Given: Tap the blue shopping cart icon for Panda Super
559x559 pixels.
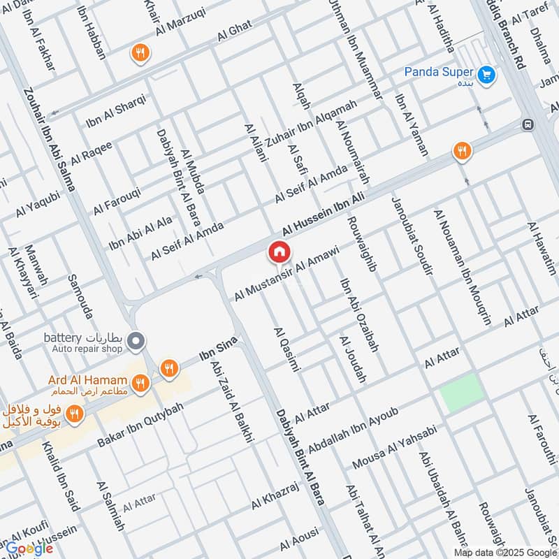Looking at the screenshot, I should [x=487, y=73].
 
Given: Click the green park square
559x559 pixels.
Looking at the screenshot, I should [x=461, y=392].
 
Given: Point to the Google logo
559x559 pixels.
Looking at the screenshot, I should [x=29, y=549].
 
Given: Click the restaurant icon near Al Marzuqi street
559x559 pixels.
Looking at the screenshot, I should [x=140, y=52].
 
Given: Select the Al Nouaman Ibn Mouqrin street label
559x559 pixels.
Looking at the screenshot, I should [x=463, y=267].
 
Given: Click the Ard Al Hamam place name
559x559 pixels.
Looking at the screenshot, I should [x=88, y=380].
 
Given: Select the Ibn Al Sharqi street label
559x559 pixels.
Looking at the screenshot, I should [x=116, y=111].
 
